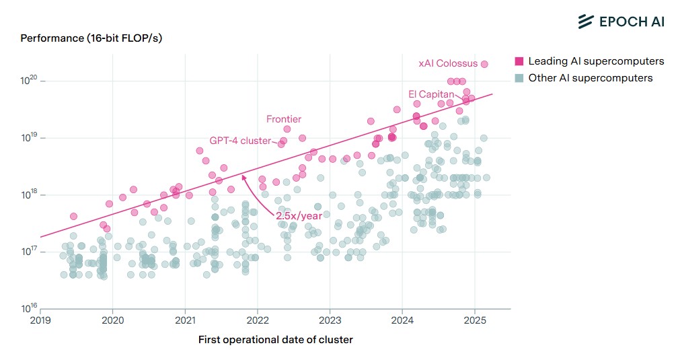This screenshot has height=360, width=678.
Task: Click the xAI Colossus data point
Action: [x=484, y=64]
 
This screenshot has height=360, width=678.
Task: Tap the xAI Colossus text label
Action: [x=448, y=64]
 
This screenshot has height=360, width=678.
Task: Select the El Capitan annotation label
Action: [x=431, y=94]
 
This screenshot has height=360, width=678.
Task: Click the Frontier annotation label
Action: [x=283, y=119]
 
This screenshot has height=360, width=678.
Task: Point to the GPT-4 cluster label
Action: [x=240, y=141]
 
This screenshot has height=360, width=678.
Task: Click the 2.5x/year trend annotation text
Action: [x=299, y=216]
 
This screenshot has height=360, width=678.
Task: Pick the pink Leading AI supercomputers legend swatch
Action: [x=519, y=61]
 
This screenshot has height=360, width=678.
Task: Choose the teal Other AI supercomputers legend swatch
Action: [x=519, y=78]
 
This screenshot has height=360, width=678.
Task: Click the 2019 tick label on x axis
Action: [x=40, y=321]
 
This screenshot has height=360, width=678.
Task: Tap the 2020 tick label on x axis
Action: [x=112, y=321]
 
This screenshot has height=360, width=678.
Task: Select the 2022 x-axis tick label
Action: [x=258, y=321]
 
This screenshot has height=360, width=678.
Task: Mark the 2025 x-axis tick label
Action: [x=475, y=321]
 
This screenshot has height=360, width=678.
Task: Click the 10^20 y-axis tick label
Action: [x=29, y=81]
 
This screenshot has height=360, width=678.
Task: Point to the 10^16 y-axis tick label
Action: [x=29, y=309]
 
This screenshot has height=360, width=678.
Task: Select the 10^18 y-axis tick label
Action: [x=29, y=195]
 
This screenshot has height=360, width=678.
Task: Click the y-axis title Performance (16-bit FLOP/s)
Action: [x=91, y=38]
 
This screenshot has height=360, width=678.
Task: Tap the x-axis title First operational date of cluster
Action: [x=275, y=340]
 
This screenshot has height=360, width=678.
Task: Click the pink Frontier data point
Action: [x=287, y=129]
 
